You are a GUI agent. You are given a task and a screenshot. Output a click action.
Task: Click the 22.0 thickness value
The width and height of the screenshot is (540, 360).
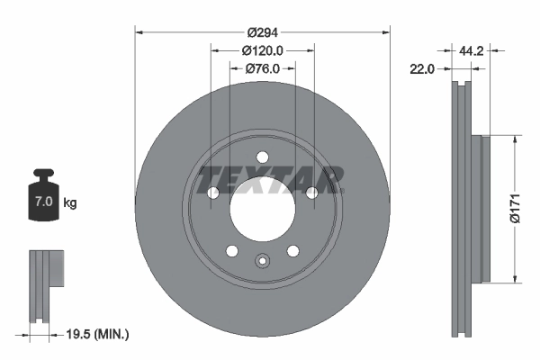coord(422,68)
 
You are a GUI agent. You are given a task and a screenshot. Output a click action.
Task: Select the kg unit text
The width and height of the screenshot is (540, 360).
coord(70,203)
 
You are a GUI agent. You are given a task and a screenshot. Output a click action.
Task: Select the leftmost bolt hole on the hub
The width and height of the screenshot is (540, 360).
coord(213,193)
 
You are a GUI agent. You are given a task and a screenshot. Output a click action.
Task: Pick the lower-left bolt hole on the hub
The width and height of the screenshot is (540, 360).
coord(231,250)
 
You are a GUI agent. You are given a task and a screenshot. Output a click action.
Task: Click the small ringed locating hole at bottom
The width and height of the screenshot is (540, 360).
coord(262,262)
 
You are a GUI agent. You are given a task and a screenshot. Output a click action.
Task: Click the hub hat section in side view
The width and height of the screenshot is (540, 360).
coord(481,209)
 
